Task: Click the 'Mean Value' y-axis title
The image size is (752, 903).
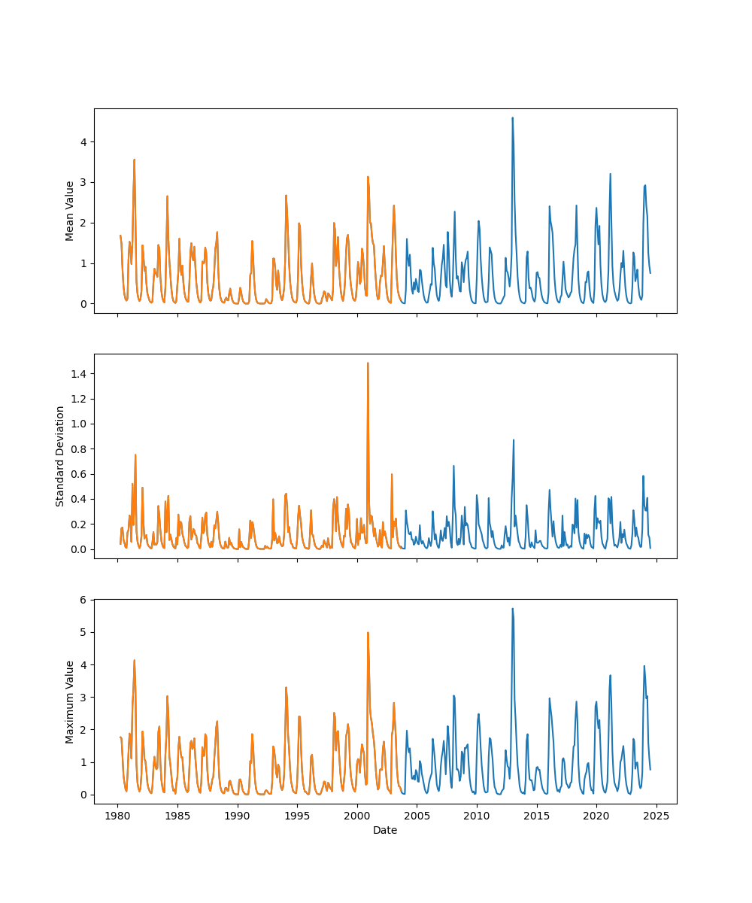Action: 70,211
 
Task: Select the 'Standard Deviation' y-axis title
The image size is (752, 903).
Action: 60,456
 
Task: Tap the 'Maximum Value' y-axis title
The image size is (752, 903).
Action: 70,701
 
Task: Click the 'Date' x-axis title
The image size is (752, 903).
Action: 385,830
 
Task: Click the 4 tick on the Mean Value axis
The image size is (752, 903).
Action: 84,141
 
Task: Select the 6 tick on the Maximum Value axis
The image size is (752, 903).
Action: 84,600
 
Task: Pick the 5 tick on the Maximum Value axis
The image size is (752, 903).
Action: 84,632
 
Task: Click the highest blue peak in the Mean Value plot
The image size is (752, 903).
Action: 512,117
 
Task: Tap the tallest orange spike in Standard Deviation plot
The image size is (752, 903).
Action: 368,363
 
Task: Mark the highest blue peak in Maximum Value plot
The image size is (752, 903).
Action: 512,609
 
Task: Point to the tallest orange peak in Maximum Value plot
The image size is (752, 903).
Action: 368,632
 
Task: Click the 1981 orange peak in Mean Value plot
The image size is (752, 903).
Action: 134,160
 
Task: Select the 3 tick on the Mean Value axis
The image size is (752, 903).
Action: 84,182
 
